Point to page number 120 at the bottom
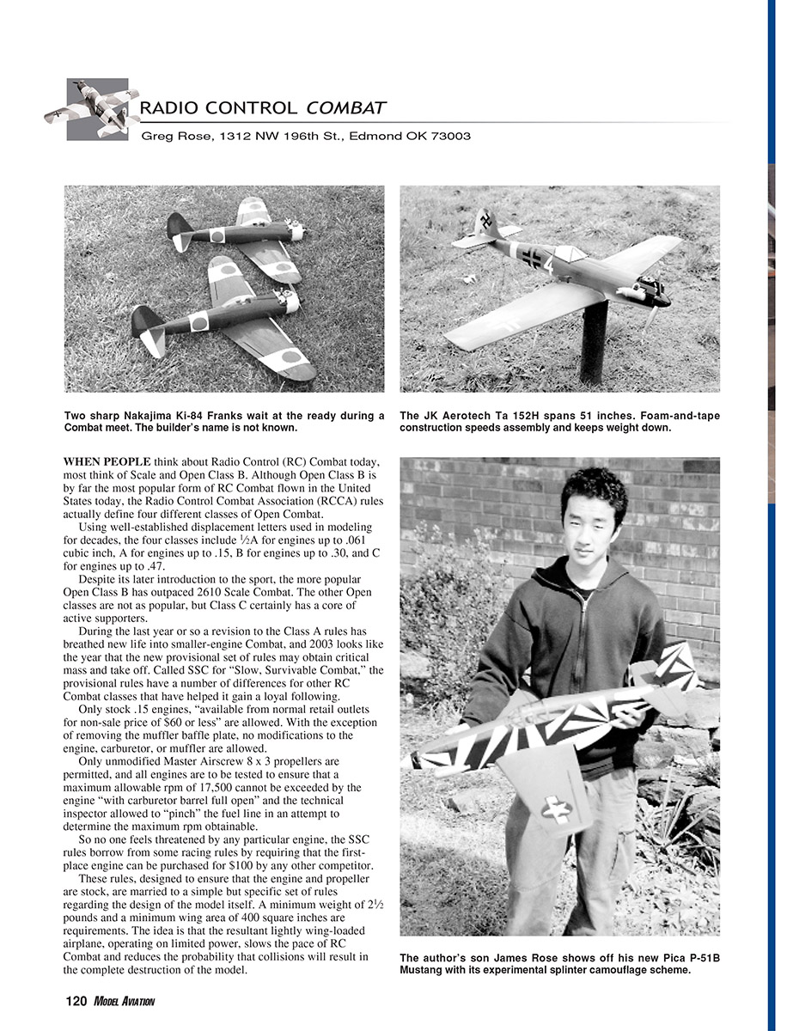[x=76, y=1001]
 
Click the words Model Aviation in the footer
[x=125, y=1001]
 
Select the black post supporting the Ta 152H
[x=592, y=344]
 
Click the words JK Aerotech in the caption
[x=456, y=416]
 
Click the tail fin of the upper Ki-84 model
[x=178, y=228]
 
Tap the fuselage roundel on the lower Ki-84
[x=198, y=322]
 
